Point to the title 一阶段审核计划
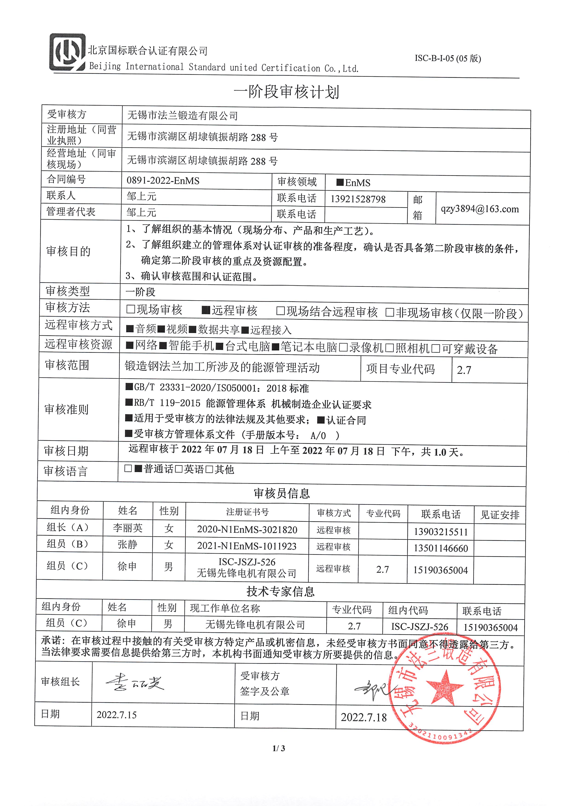click(x=286, y=92)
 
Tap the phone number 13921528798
click(x=358, y=199)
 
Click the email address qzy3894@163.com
click(x=480, y=209)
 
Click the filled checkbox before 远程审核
click(x=206, y=310)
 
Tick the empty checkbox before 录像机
click(x=344, y=348)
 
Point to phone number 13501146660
click(x=441, y=548)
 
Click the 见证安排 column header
click(x=500, y=515)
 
